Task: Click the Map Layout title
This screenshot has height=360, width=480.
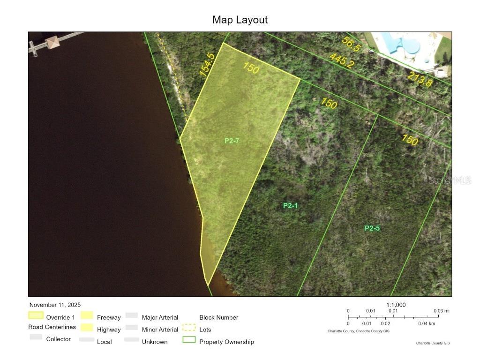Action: click(x=240, y=20)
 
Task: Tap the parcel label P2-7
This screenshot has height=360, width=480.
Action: click(x=232, y=140)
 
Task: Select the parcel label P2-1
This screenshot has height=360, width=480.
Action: click(x=291, y=205)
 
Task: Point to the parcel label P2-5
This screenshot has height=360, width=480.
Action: click(x=372, y=228)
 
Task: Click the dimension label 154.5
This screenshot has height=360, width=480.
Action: click(x=207, y=65)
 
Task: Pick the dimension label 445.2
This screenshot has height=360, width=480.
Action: click(x=341, y=60)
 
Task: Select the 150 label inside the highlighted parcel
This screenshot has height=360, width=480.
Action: click(x=251, y=68)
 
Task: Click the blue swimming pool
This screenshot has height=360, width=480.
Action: click(x=402, y=44)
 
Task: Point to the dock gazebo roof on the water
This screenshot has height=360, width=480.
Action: click(x=52, y=42)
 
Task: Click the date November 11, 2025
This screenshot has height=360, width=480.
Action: click(x=55, y=305)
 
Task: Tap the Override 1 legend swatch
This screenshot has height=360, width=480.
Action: click(x=36, y=315)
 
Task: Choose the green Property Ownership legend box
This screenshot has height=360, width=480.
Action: click(x=189, y=340)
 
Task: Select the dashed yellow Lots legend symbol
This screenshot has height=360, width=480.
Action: click(x=189, y=328)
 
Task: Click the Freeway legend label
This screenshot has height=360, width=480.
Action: click(x=109, y=317)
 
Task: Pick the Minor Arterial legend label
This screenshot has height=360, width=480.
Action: click(x=160, y=330)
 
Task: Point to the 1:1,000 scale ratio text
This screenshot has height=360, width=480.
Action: click(x=396, y=305)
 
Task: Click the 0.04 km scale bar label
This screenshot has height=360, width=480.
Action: click(x=426, y=323)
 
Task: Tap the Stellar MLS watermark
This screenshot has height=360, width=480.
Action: click(x=450, y=180)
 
